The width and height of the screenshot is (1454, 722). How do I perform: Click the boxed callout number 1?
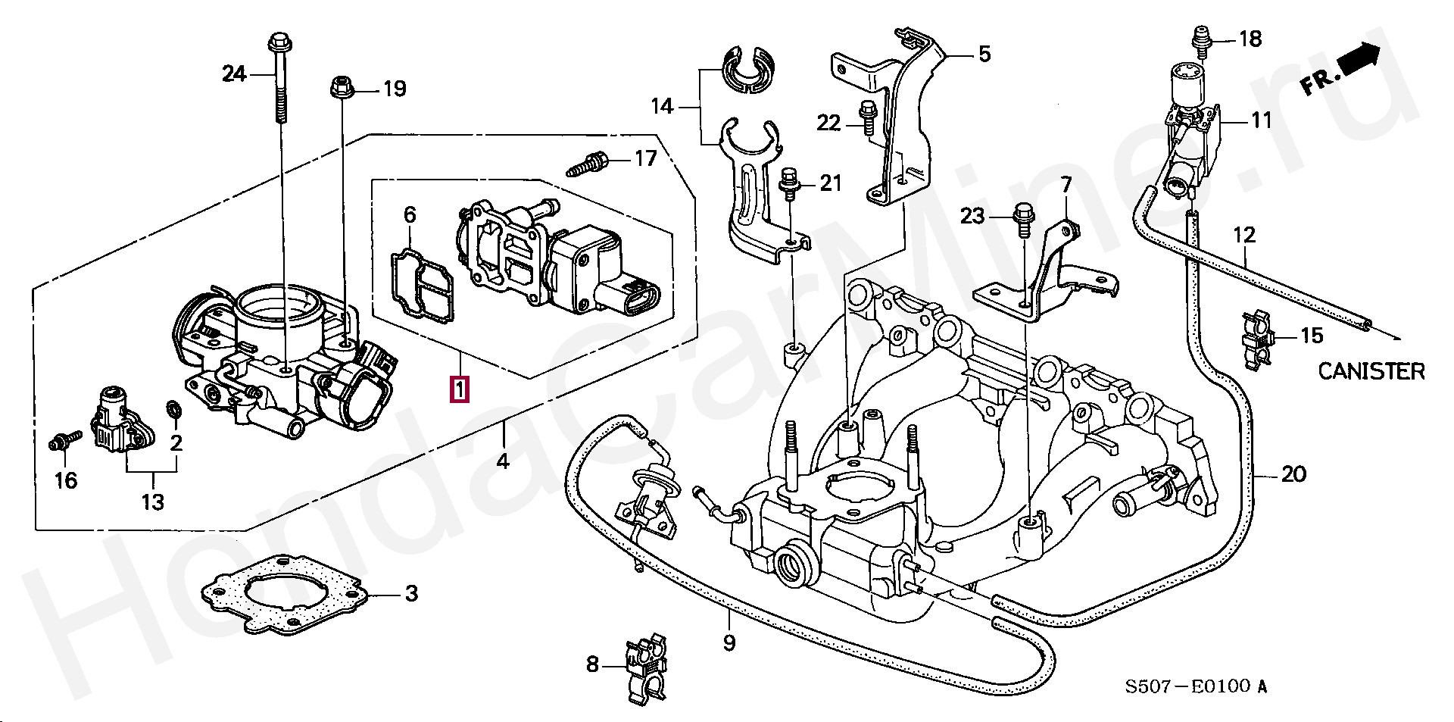(460, 389)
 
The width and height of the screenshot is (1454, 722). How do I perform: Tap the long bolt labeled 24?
(278, 78)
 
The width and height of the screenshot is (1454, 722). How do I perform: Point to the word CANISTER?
(1371, 371)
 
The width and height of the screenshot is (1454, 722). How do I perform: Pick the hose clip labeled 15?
(1260, 343)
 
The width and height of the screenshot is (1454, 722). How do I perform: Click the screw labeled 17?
(587, 164)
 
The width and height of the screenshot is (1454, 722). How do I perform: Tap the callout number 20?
(1293, 475)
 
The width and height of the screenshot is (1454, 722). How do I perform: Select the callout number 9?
(729, 643)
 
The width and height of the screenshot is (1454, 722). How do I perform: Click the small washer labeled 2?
(172, 410)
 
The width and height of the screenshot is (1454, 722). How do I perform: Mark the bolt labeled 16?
(65, 439)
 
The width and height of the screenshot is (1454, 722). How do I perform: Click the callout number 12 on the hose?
(1244, 235)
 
